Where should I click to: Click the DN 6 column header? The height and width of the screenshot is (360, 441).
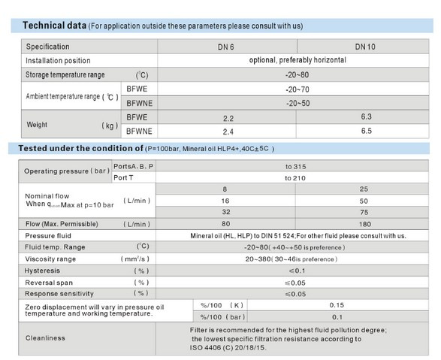tap(226, 47)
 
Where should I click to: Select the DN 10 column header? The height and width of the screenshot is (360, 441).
tap(365, 47)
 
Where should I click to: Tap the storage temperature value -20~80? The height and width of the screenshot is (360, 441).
tap(297, 75)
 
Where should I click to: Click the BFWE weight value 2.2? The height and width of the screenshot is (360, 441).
tap(228, 119)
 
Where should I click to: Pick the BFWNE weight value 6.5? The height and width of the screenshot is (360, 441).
tap(367, 131)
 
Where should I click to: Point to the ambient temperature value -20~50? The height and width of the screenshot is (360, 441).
tap(298, 103)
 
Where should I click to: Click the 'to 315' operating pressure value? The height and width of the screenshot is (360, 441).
tap(295, 167)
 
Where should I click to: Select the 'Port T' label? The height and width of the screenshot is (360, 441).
tap(123, 178)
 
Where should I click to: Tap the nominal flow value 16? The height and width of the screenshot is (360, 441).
tap(225, 201)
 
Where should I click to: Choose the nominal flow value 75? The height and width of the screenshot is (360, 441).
tap(364, 213)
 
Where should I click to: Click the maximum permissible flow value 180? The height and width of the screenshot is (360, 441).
tap(365, 224)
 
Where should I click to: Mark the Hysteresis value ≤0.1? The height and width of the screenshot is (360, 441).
tap(297, 271)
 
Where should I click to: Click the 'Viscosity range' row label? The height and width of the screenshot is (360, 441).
tap(50, 259)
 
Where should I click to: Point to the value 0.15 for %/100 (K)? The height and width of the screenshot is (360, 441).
tap(337, 305)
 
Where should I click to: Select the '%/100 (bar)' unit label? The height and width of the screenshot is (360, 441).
tap(222, 317)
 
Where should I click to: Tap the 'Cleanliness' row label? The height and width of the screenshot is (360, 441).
tap(45, 338)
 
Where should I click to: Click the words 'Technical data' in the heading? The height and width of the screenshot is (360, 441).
tap(55, 26)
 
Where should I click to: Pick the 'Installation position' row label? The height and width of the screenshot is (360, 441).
tap(58, 61)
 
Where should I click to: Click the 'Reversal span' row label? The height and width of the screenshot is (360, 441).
tap(49, 283)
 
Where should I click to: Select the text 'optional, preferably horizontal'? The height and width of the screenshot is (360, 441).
tap(298, 60)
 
